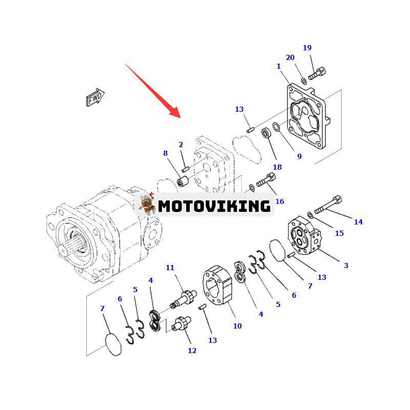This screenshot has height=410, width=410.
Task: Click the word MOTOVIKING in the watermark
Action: pos(214,206)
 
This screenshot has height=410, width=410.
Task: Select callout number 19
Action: pos(307,48)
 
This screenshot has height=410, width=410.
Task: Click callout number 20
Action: pos(290,57)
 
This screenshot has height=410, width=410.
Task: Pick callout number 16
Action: pos(279,201)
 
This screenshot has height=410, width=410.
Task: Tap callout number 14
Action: pos(358,222)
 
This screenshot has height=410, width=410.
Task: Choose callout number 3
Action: pos(346,265)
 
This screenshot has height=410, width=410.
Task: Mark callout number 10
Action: pos(237,326)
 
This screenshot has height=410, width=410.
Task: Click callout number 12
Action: pos(192,351)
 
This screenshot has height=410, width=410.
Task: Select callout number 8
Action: pos(165,153)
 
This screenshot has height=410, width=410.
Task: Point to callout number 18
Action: pos(277,167)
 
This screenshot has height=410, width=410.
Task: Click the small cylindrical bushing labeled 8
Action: pos(183,181)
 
